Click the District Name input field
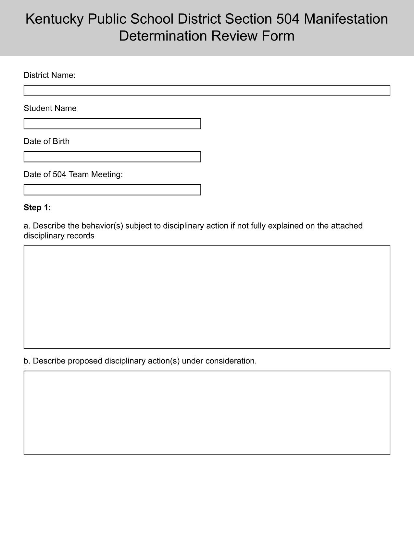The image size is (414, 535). [207, 90]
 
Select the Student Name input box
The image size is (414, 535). [112, 124]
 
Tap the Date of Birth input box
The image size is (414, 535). [112, 157]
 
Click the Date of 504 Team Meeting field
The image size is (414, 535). [112, 190]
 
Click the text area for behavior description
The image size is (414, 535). [207, 297]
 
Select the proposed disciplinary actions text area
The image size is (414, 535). [207, 413]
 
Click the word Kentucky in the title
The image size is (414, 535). [54, 19]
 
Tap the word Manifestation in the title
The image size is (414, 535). [346, 19]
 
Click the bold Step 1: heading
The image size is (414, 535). [37, 208]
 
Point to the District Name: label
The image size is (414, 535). [49, 75]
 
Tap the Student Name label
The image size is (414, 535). [50, 108]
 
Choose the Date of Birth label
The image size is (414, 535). [46, 141]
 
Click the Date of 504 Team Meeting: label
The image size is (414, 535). [73, 174]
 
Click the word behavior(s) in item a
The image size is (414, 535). [102, 226]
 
